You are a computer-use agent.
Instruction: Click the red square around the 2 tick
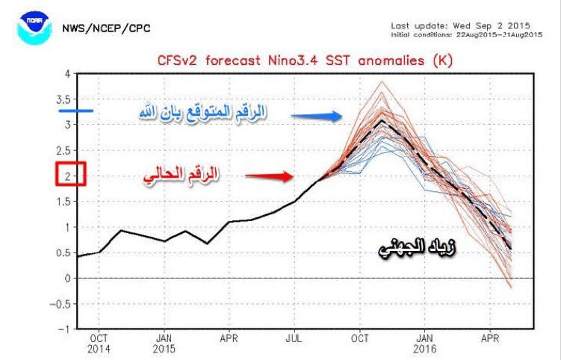71,176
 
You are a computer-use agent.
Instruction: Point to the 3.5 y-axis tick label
66,99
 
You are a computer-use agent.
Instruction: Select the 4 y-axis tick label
67,74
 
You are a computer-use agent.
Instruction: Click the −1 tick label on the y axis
66,329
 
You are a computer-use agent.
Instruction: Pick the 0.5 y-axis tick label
66,252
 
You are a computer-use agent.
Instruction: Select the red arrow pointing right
270,177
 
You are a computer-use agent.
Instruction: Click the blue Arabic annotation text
202,113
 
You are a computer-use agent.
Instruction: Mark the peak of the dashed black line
382,120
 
